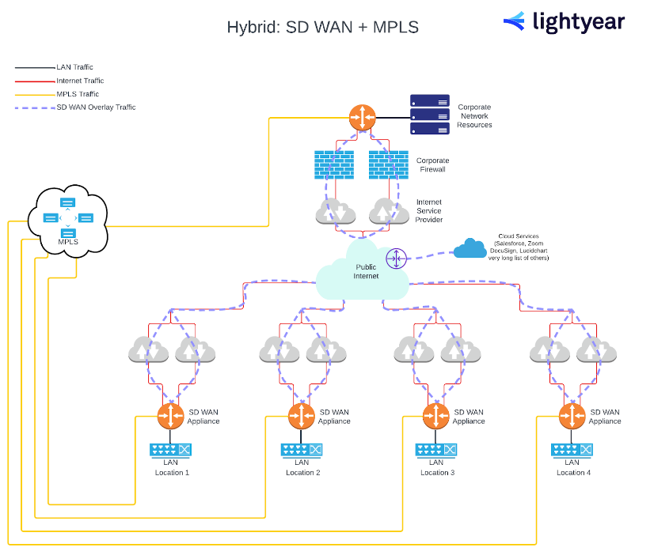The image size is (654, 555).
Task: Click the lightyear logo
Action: tap(563, 22)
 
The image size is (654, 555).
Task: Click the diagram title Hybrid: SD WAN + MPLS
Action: tap(322, 27)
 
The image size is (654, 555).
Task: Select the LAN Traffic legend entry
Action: tap(74, 68)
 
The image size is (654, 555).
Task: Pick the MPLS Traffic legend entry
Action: tap(77, 94)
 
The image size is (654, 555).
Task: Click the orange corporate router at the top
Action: tap(363, 119)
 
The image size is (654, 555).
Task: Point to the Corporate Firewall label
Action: tap(432, 164)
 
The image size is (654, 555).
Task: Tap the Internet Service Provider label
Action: tap(429, 210)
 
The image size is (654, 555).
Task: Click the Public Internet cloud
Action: tap(363, 273)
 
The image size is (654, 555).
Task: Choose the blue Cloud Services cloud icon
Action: tap(470, 249)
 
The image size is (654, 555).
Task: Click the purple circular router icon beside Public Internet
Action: tap(396, 258)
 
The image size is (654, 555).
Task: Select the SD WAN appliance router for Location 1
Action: tap(171, 416)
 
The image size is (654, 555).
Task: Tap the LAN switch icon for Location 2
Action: tap(302, 450)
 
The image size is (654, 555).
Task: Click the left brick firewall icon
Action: tap(333, 164)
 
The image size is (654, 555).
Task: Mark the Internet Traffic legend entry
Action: tap(79, 81)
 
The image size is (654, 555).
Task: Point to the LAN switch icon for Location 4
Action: tap(572, 450)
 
